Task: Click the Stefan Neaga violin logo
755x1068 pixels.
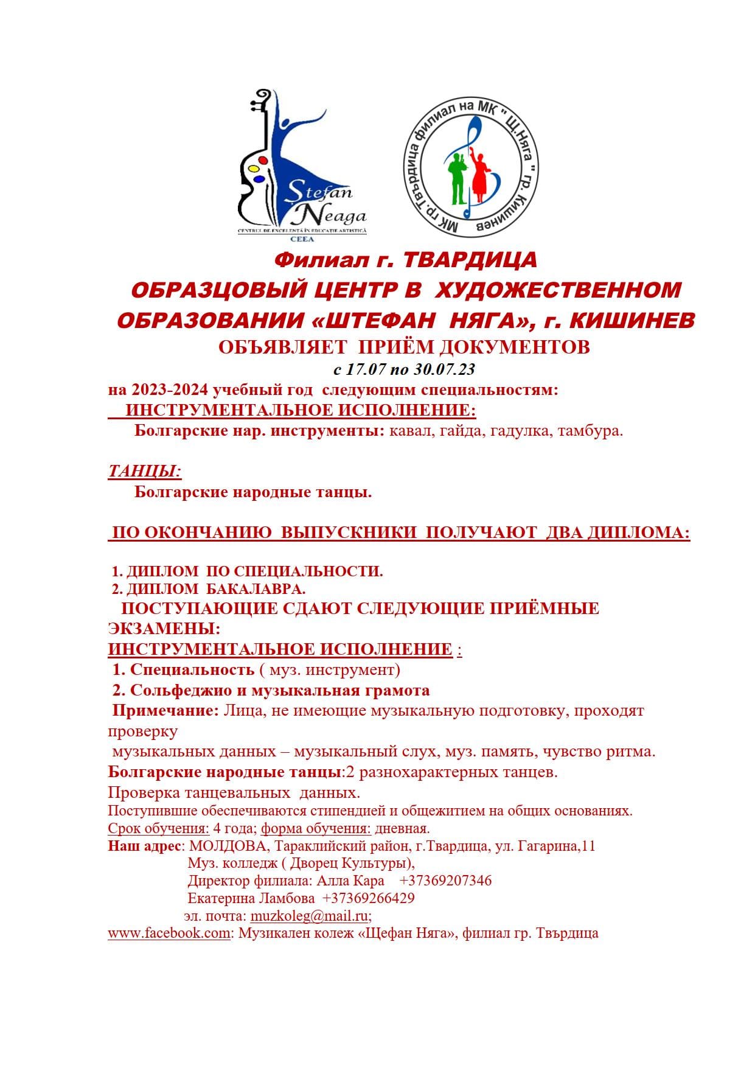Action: click(301, 164)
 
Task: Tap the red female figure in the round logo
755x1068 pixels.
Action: click(479, 176)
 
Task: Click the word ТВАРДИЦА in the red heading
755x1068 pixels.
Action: click(470, 260)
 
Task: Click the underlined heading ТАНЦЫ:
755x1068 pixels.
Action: click(145, 471)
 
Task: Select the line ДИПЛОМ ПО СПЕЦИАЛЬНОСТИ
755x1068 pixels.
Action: click(248, 571)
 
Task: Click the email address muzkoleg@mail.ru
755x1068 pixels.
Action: click(310, 916)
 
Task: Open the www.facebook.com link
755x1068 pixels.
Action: click(169, 933)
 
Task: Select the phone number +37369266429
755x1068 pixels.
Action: click(368, 898)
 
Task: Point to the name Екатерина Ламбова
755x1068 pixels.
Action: click(251, 898)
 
